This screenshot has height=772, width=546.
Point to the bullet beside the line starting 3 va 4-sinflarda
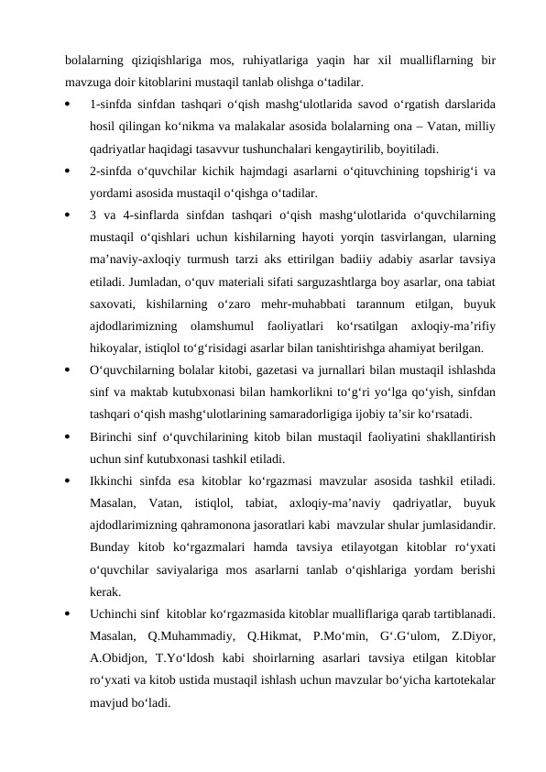point(69,215)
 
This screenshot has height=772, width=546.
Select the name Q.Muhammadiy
point(190,632)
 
